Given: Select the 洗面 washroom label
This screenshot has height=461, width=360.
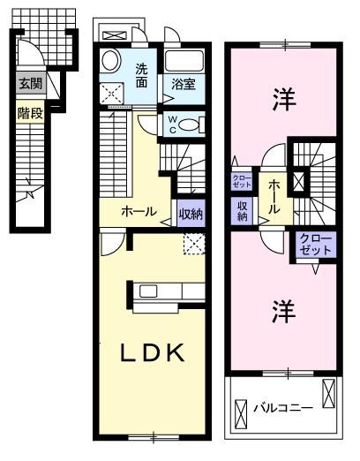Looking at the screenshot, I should click(x=141, y=77).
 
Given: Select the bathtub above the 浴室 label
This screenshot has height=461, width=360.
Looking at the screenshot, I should click(x=184, y=61).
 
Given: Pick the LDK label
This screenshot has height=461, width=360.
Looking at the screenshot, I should click(x=152, y=353).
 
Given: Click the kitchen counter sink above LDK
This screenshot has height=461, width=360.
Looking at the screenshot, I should click(x=146, y=291).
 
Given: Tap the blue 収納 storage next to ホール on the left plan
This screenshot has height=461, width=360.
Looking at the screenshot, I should click(x=190, y=213).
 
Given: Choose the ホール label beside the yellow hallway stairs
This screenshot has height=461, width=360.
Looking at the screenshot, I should click(x=139, y=213).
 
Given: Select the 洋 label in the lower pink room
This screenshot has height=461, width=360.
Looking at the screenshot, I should click(x=282, y=310).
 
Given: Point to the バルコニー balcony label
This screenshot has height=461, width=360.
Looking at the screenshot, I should click(x=281, y=409).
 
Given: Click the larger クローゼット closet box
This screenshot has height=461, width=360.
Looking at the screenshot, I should click(x=316, y=245).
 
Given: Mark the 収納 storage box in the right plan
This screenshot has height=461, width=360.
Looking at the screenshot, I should click(x=242, y=210).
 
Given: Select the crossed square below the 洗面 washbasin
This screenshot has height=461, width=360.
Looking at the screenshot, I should click(x=111, y=91).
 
